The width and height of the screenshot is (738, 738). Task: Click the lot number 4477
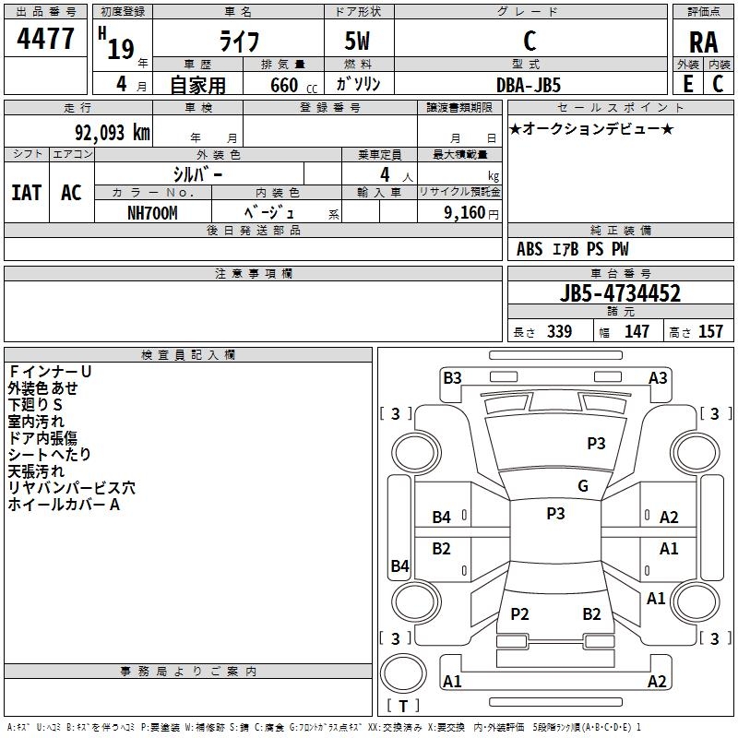coord(45,39)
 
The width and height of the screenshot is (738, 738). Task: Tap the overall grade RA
coord(703,42)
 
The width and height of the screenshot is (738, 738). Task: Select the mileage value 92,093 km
coord(113,133)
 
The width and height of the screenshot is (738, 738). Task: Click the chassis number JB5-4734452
coord(620,293)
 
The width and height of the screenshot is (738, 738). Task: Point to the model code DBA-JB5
coord(529,85)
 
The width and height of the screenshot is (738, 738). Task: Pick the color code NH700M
coord(152,213)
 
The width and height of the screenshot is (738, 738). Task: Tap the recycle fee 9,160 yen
coord(471,213)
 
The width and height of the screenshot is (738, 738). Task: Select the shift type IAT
coord(27,193)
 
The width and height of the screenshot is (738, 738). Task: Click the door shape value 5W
coord(357,41)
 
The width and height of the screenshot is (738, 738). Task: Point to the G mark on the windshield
coord(583,486)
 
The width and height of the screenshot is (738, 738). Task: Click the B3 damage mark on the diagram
coord(452,378)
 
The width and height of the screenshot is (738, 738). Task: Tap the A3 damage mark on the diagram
coord(658,378)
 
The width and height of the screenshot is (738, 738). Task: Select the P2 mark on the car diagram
coord(519,613)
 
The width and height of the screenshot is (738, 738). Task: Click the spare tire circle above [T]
coord(403,673)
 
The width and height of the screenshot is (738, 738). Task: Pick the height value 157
coord(710,332)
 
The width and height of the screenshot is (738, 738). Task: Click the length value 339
coord(560,332)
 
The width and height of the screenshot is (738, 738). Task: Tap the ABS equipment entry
coord(530,249)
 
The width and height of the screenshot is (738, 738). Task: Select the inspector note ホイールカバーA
coord(64,505)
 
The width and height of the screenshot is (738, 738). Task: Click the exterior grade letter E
coord(687,84)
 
